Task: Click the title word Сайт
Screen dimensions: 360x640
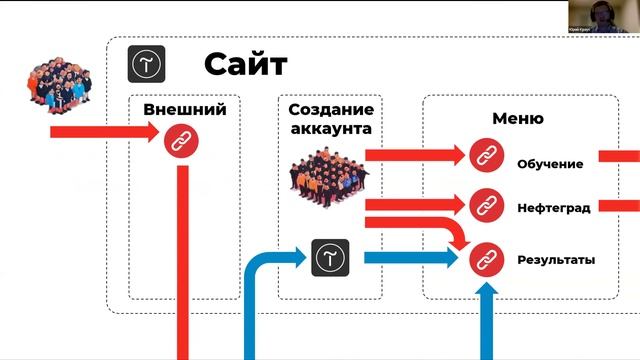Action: [245, 64]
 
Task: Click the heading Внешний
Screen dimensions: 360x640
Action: [184, 110]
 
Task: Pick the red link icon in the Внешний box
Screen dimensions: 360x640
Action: [181, 139]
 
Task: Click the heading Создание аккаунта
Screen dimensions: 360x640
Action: [330, 119]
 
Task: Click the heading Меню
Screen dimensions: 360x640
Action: [517, 118]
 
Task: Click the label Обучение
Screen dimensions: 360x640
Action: [550, 164]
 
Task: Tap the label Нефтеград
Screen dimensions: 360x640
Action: [553, 208]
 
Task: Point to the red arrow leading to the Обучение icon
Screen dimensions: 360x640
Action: [410, 155]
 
